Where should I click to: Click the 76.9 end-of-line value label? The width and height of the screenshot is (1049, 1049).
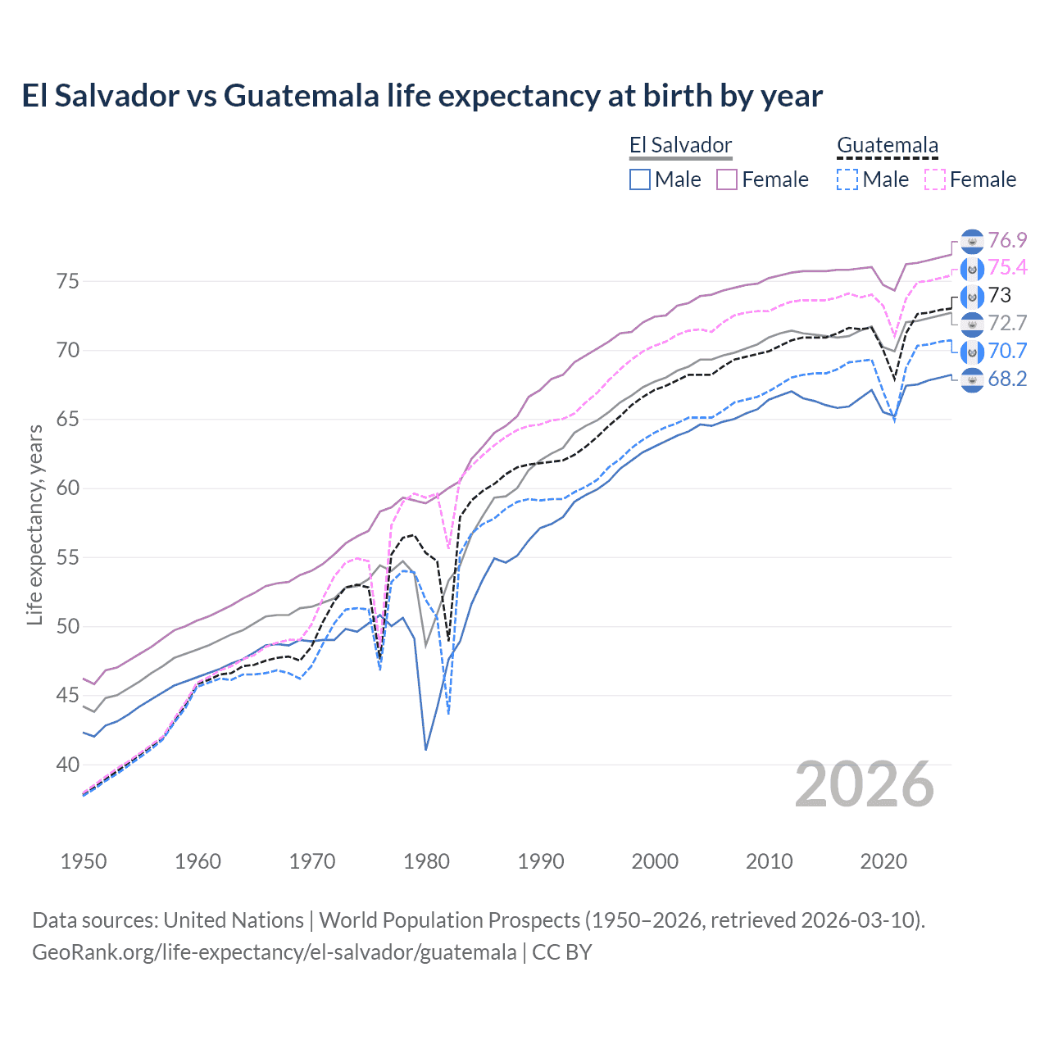click(1007, 240)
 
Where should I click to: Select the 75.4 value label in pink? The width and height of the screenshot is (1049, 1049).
click(1007, 267)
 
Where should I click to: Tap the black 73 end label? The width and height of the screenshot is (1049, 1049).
click(1000, 295)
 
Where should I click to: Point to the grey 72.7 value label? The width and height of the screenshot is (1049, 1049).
click(1007, 323)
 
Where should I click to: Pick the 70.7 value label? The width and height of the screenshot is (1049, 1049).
click(1007, 351)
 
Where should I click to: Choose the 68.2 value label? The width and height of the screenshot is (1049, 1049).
click(1007, 379)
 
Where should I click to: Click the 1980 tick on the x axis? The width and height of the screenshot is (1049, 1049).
click(427, 861)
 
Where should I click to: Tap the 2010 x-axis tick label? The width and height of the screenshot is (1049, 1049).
click(770, 861)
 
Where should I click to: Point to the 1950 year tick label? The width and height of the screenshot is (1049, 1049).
click(84, 861)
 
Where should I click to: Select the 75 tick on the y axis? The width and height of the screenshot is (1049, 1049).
click(67, 281)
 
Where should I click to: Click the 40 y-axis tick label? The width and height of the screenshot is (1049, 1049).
click(67, 765)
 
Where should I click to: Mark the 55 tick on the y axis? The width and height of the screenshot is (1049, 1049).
click(67, 557)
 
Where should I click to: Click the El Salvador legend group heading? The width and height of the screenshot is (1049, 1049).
click(680, 145)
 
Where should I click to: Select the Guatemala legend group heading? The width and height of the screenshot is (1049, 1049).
click(888, 145)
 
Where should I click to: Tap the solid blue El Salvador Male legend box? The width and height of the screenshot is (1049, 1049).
click(640, 179)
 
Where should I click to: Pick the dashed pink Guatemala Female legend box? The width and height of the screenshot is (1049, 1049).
click(935, 179)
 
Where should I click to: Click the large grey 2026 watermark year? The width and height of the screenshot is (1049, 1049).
click(865, 784)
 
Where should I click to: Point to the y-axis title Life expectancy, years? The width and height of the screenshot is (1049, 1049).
click(35, 524)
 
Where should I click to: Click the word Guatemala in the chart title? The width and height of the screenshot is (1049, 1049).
click(302, 96)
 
